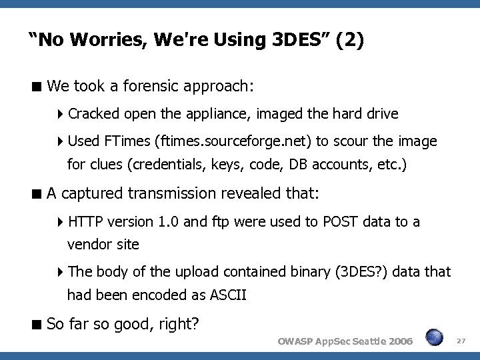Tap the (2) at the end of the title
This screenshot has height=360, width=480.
351,41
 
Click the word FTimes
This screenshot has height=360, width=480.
127,141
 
